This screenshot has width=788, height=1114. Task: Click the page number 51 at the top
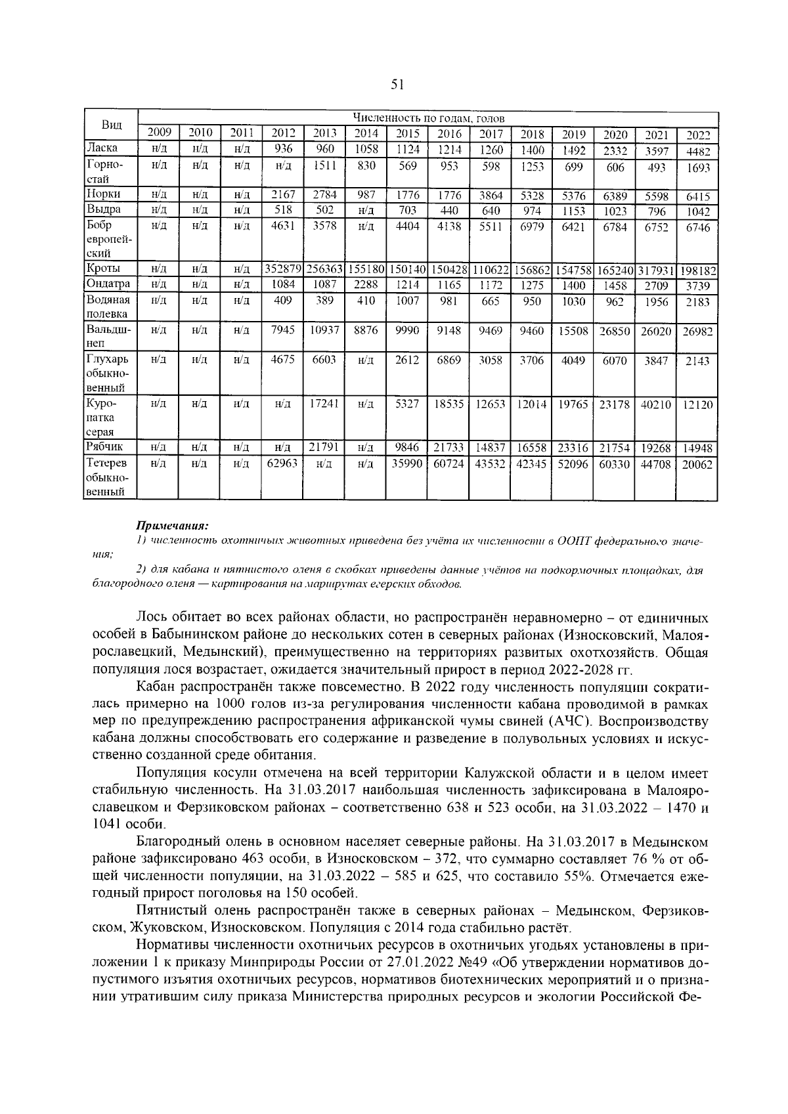pos(397,84)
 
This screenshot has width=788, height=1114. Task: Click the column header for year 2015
pos(408,133)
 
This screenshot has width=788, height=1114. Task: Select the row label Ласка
pos(102,148)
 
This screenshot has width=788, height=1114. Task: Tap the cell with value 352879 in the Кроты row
pos(282,269)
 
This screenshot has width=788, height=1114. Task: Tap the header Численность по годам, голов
pos(428,119)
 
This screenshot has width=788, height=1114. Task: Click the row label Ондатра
pos(108,284)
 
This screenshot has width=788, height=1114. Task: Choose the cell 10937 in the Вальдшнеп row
pos(324,330)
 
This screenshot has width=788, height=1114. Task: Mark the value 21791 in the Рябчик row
pos(324,447)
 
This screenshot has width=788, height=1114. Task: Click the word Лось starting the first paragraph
pos(150,618)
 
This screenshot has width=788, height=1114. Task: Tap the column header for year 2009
pos(158,133)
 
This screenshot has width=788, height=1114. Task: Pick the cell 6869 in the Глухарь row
pos(449,360)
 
